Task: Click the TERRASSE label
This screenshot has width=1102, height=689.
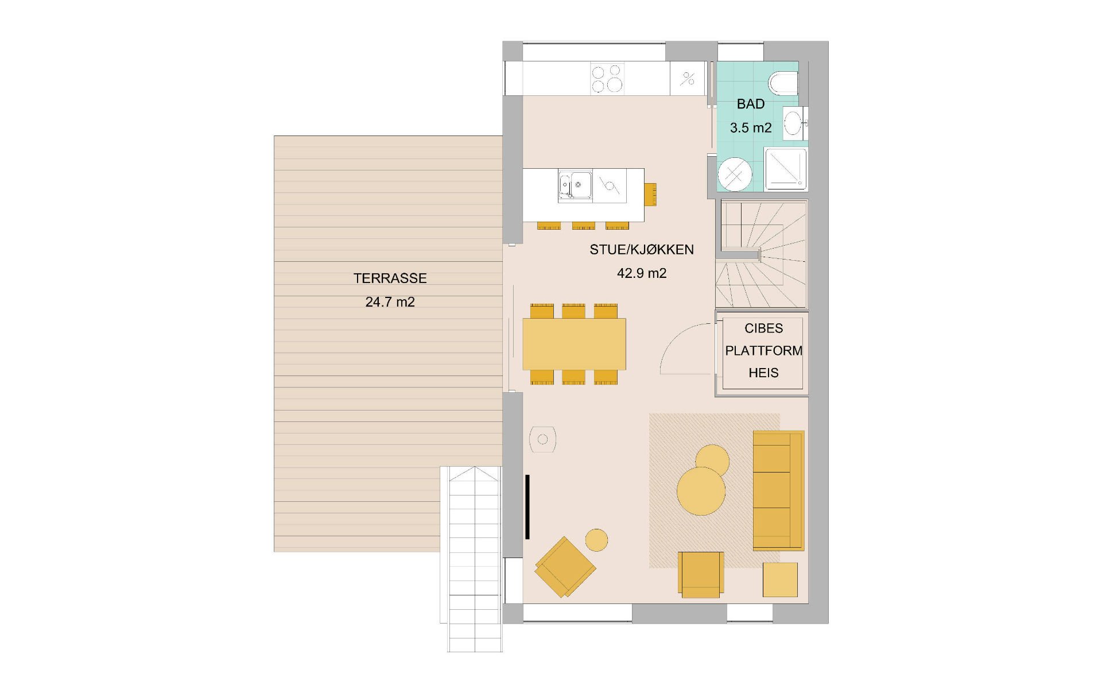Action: tap(390, 278)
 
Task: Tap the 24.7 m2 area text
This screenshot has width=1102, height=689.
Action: tap(390, 302)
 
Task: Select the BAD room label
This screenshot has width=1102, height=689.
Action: tap(750, 104)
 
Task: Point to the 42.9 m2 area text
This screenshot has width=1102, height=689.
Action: tap(641, 273)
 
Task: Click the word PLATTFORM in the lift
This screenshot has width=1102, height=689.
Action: tap(763, 351)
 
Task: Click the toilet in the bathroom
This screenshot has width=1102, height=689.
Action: tap(784, 83)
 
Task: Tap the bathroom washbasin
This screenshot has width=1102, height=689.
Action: tap(793, 123)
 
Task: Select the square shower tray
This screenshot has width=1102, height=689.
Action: tap(785, 169)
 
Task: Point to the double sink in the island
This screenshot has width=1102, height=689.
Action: tap(575, 185)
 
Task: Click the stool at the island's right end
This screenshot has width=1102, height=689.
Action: tap(650, 194)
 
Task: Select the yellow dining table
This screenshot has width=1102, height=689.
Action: tap(574, 344)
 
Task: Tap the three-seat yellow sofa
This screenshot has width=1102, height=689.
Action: tap(778, 490)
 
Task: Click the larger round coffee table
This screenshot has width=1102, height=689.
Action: tap(701, 491)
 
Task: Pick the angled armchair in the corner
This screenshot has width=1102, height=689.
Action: tap(565, 567)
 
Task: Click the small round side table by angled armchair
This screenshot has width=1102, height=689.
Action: tap(596, 540)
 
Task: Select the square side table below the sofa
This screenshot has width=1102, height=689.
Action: tap(780, 579)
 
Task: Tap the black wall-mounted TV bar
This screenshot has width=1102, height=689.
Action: tap(527, 507)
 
